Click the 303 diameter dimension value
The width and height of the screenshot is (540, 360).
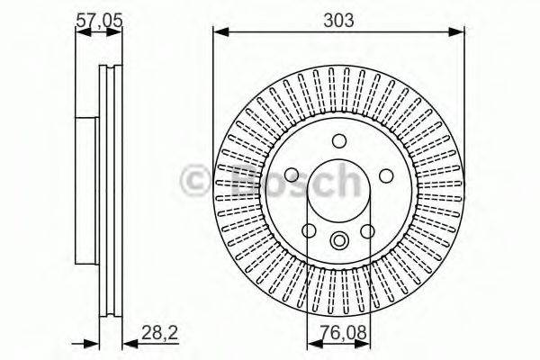339,16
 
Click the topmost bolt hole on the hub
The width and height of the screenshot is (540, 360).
339,141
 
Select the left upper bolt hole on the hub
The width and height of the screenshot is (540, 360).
292,176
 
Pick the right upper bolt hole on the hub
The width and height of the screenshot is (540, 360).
386,176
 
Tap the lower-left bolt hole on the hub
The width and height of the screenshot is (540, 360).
310,231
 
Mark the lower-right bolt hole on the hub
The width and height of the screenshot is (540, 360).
367,231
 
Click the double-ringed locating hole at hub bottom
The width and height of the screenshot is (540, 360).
339,240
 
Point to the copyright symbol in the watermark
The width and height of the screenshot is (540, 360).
195,180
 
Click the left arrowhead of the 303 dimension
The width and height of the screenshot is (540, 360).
219,32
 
